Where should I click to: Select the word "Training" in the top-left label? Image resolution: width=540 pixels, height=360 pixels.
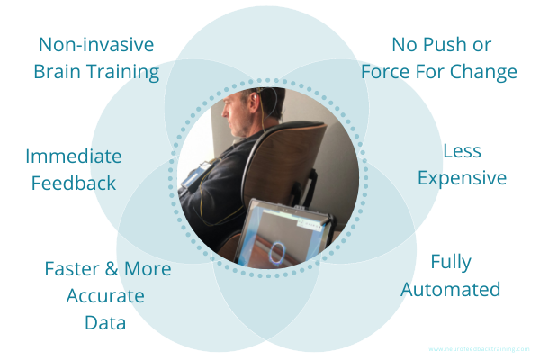tap(121, 72)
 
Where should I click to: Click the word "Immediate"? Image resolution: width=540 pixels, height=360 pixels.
tap(74, 157)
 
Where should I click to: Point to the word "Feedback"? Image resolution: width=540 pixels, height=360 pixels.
tap(74, 184)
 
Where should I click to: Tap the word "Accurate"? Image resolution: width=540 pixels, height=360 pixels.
tap(95, 295)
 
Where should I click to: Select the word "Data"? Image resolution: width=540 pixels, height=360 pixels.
tap(95, 321)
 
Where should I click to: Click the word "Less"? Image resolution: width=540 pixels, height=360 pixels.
tap(463, 152)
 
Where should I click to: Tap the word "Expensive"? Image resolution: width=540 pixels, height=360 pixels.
tap(463, 178)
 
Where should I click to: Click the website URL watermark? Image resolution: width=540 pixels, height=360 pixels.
tap(480, 348)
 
